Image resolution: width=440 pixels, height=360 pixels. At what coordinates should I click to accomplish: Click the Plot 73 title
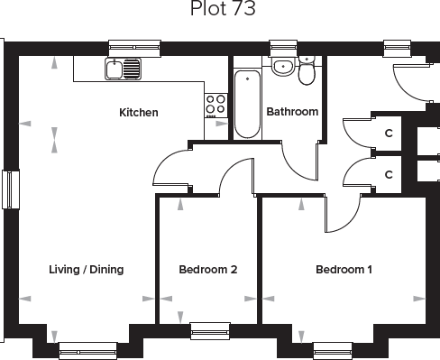click(223, 10)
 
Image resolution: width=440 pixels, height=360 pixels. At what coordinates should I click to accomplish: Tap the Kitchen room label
click(139, 113)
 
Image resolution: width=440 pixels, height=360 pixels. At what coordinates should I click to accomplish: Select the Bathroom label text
click(292, 112)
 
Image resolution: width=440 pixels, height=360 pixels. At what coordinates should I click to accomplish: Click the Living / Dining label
click(86, 269)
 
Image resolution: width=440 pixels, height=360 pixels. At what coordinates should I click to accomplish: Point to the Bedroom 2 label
click(208, 269)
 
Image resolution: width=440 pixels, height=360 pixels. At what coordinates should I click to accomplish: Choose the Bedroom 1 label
click(344, 269)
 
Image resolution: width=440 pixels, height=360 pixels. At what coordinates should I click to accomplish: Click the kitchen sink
click(123, 68)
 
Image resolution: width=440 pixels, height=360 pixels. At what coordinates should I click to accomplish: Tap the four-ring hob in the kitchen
click(216, 105)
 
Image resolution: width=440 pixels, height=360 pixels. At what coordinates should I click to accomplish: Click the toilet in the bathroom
click(307, 72)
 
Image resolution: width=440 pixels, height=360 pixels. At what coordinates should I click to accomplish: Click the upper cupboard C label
click(389, 134)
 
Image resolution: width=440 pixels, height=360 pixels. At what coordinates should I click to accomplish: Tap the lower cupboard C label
click(389, 174)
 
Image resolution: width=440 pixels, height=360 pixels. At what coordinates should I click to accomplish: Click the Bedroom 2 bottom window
click(210, 330)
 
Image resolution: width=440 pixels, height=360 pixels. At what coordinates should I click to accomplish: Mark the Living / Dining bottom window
click(87, 350)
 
